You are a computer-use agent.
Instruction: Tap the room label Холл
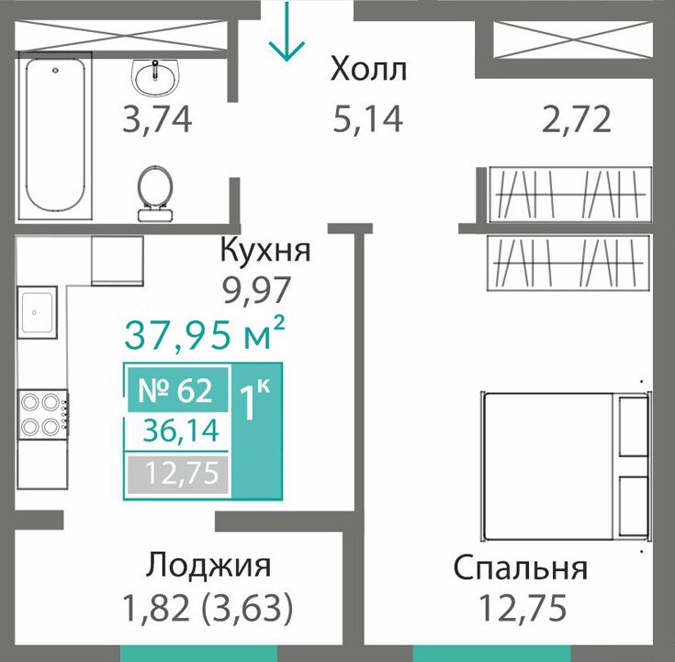coord(368,70)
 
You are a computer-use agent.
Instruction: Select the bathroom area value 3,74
coord(157,119)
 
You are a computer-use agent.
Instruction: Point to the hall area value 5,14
coord(367,118)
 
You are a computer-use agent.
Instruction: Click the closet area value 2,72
coord(577,119)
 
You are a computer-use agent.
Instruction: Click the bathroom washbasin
coord(154,76)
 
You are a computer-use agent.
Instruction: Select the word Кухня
coord(265,252)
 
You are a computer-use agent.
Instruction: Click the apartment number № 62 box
coord(178,390)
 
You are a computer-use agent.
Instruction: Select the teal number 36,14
coord(181,432)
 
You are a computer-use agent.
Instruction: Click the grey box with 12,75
coord(178,474)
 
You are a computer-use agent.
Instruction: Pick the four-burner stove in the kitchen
coord(42,414)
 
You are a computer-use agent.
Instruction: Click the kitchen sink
coord(37,312)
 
